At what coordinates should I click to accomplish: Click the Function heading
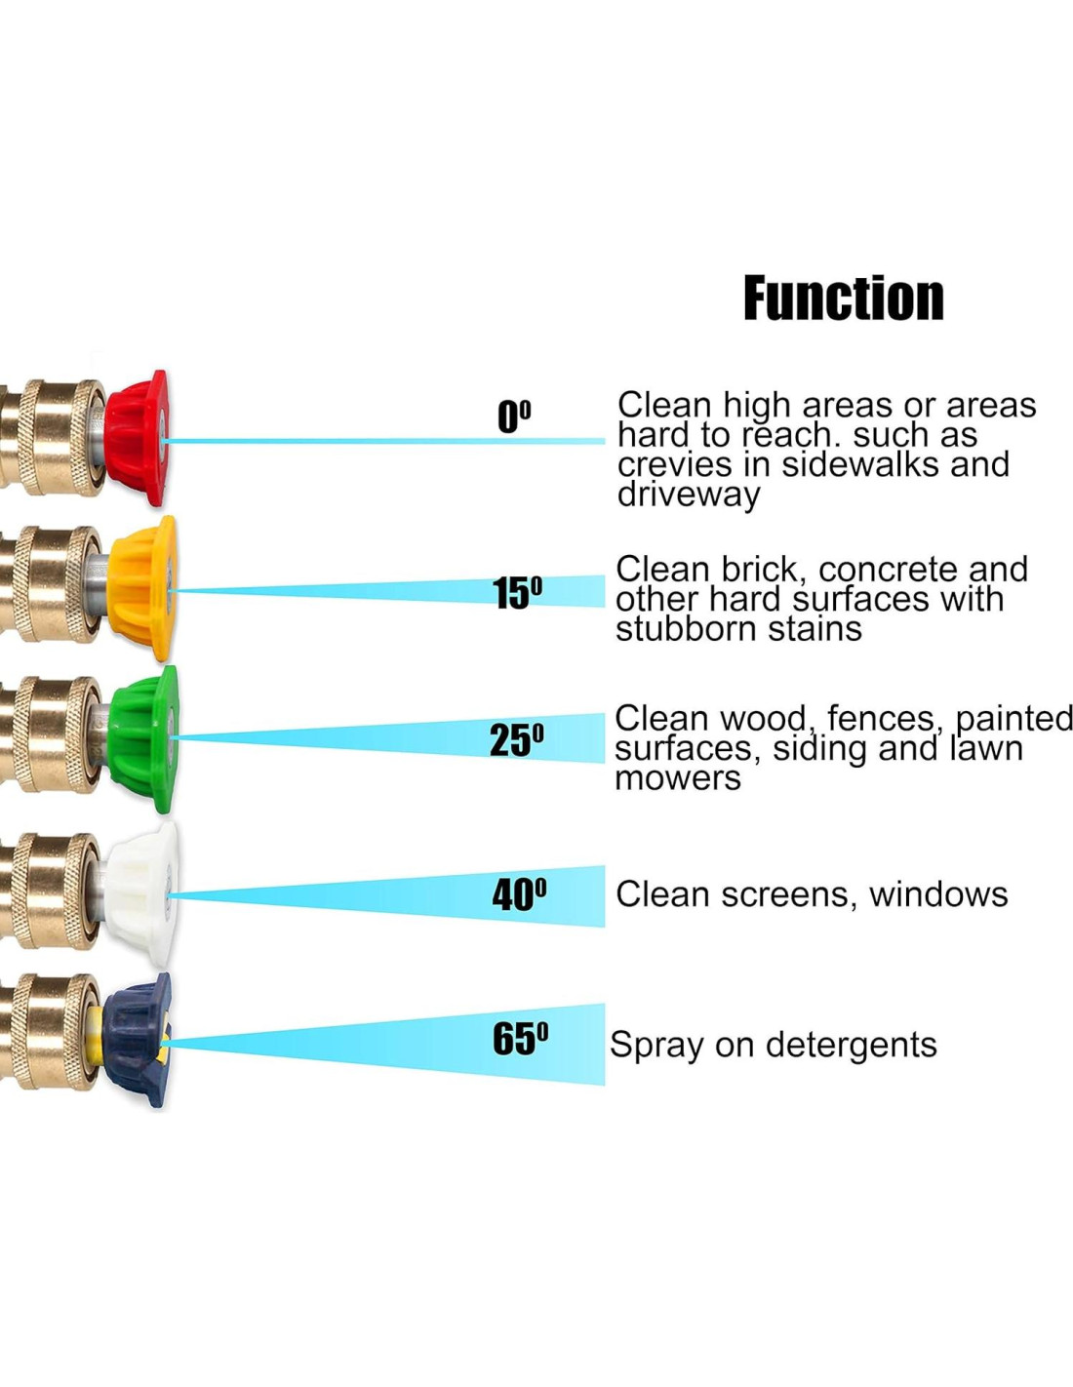pyautogui.click(x=844, y=298)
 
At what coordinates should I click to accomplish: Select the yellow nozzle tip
pyautogui.click(x=142, y=587)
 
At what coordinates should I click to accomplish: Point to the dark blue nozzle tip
pyautogui.click(x=137, y=1040)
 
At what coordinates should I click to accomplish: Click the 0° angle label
pyautogui.click(x=514, y=416)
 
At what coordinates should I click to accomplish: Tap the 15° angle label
pyautogui.click(x=517, y=592)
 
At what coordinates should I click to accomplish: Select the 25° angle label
pyautogui.click(x=516, y=740)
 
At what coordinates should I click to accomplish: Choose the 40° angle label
pyautogui.click(x=519, y=894)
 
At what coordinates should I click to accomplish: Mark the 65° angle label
pyautogui.click(x=520, y=1039)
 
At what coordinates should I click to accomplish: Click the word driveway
pyautogui.click(x=689, y=495)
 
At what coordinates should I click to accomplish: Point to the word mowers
pyautogui.click(x=678, y=778)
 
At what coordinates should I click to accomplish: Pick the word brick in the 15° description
pyautogui.click(x=758, y=569)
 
